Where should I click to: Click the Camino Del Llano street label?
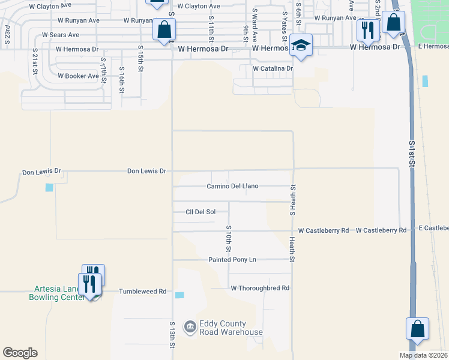233,186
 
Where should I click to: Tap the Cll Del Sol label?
200,212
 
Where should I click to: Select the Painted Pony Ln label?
232,260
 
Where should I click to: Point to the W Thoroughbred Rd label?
261,288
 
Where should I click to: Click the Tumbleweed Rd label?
142,291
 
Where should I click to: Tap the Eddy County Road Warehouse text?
223,328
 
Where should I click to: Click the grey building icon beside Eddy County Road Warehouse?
190,326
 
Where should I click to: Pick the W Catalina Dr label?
273,68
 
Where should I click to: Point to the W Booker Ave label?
78,76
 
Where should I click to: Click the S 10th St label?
229,238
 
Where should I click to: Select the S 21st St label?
35,61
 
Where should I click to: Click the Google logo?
20,353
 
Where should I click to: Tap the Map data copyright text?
423,355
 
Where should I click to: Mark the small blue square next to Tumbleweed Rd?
180,295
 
